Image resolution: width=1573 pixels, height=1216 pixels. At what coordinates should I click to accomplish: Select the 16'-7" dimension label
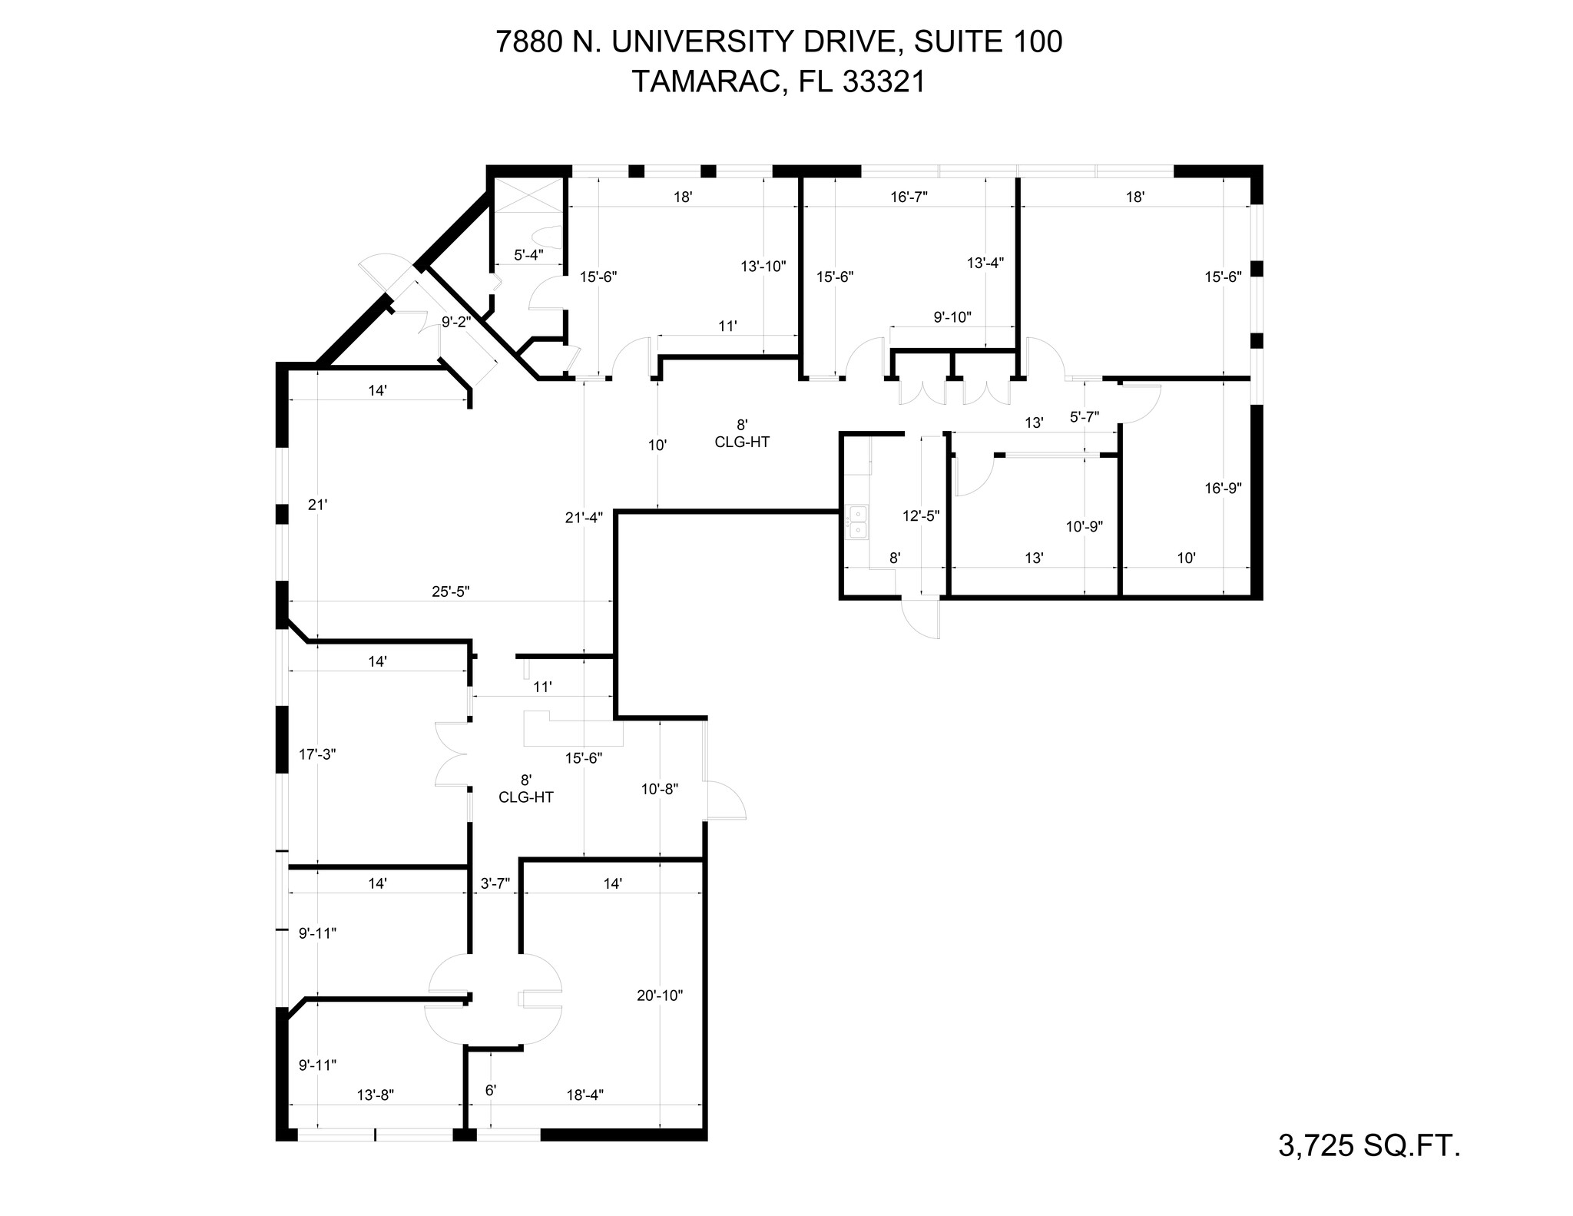click(909, 197)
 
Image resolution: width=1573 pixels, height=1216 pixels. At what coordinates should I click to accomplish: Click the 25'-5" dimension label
click(450, 591)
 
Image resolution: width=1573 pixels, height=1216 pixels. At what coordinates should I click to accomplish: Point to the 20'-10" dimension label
click(660, 996)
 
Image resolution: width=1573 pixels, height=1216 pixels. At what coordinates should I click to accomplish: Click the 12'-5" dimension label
click(921, 515)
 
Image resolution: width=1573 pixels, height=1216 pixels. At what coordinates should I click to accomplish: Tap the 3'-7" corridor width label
click(495, 883)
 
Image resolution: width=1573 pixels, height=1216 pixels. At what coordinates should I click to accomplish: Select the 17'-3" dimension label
click(317, 754)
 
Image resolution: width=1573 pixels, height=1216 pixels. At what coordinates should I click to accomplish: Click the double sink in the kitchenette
click(856, 522)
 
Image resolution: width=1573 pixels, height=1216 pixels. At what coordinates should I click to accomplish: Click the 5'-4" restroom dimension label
click(528, 255)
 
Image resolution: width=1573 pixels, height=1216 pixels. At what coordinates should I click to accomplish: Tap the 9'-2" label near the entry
click(456, 323)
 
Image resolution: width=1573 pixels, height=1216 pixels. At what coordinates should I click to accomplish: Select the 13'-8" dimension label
click(376, 1095)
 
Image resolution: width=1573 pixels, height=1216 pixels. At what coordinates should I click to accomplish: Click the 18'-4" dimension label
click(584, 1095)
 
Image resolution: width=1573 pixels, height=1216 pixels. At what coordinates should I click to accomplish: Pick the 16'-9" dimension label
click(1223, 488)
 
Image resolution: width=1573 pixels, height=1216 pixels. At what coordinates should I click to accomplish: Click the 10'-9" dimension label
click(1084, 527)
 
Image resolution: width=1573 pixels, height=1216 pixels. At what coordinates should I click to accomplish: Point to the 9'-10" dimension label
click(952, 316)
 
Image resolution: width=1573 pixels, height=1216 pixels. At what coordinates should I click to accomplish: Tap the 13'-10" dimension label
click(763, 267)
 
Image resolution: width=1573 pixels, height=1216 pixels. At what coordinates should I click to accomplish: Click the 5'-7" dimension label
click(1085, 417)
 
